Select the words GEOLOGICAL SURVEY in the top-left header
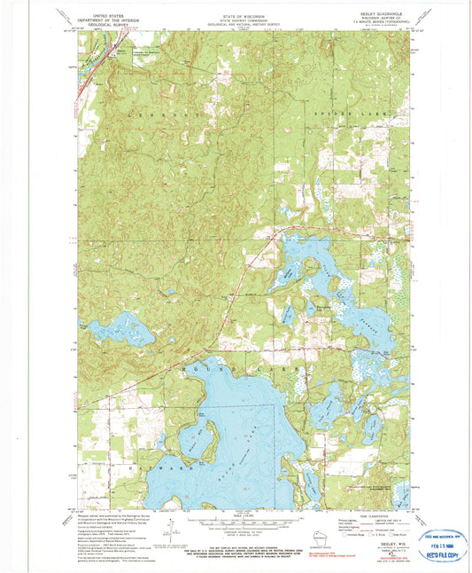(x=110, y=23)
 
